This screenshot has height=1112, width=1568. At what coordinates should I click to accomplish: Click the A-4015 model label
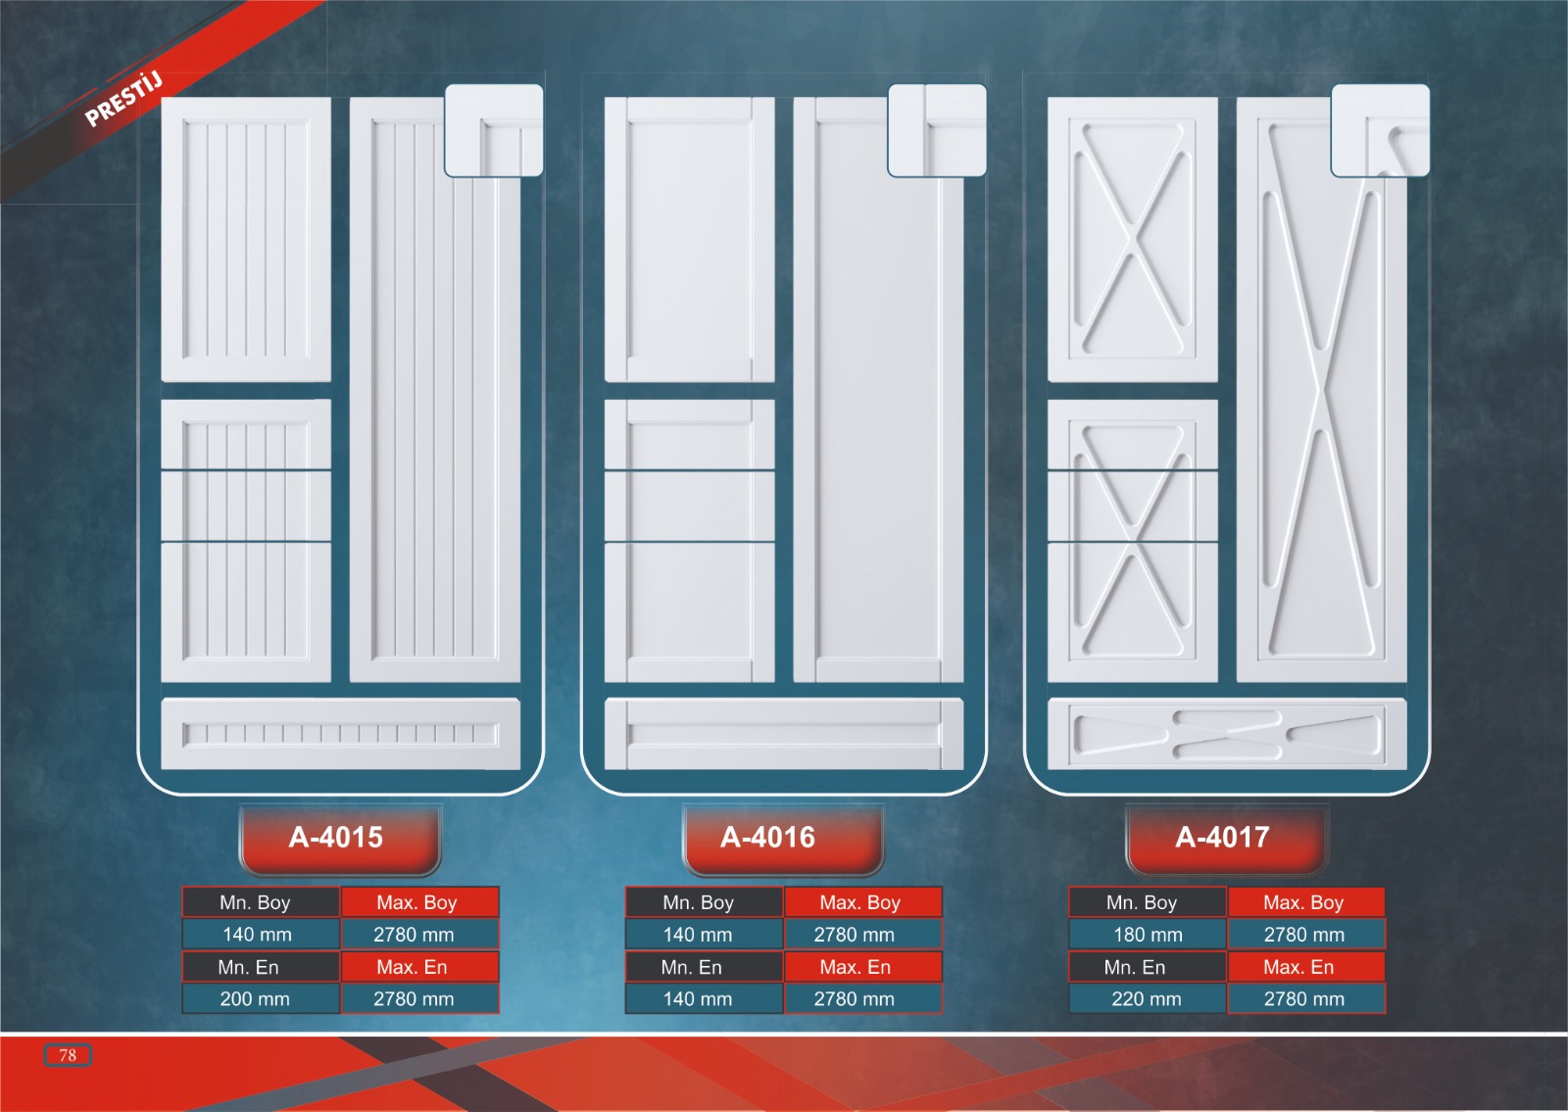(336, 838)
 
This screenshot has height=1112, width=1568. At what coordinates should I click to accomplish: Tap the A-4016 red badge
(768, 838)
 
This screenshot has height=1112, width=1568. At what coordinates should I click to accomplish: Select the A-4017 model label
(1222, 838)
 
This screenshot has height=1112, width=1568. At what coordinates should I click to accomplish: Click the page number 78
(68, 1055)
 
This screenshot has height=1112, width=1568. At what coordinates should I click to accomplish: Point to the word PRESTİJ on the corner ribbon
(122, 99)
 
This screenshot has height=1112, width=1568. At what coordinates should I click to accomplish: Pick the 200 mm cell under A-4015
(255, 999)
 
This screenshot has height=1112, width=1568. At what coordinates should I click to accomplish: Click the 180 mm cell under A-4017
(1148, 935)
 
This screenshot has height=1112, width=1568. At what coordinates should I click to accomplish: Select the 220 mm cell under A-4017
(1147, 999)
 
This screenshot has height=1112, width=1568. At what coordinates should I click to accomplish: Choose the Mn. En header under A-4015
(249, 967)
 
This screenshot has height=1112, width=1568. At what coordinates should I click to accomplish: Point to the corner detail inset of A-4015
(494, 130)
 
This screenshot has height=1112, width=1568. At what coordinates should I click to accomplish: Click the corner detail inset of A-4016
(937, 130)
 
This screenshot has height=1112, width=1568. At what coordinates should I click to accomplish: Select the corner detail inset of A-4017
(1380, 130)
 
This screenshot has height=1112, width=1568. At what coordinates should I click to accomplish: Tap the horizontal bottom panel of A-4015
(340, 734)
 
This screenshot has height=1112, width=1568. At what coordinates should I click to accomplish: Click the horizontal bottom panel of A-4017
(1227, 734)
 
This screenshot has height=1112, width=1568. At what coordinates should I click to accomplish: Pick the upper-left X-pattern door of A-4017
(1133, 239)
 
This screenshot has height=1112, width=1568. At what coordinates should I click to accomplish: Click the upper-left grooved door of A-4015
(246, 239)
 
